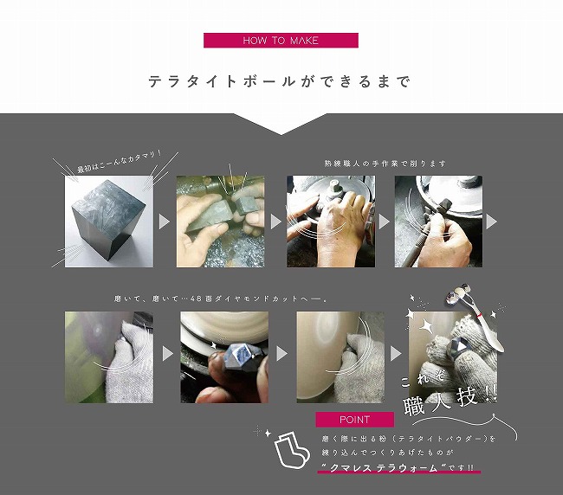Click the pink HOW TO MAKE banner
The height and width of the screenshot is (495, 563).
click(281, 40)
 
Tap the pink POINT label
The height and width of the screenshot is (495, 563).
click(355, 420)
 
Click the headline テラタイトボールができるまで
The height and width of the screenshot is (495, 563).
click(280, 81)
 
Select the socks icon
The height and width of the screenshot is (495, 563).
click(292, 450)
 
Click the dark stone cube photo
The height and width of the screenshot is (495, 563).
click(109, 222)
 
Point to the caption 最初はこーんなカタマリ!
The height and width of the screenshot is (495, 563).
click(120, 163)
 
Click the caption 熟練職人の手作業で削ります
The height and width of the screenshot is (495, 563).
click(385, 164)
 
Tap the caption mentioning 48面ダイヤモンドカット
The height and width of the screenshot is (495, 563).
click(222, 299)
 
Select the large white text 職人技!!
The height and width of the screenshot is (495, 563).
click(450, 401)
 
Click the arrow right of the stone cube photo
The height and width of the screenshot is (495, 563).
click(164, 222)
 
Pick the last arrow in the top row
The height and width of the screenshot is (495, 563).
click(491, 222)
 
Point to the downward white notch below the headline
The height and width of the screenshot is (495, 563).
click(281, 124)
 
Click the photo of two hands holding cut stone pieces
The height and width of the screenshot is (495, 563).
click(221, 222)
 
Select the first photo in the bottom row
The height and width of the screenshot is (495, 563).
click(109, 357)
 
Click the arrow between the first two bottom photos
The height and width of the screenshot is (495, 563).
click(168, 354)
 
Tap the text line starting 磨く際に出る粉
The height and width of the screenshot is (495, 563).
click(409, 439)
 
